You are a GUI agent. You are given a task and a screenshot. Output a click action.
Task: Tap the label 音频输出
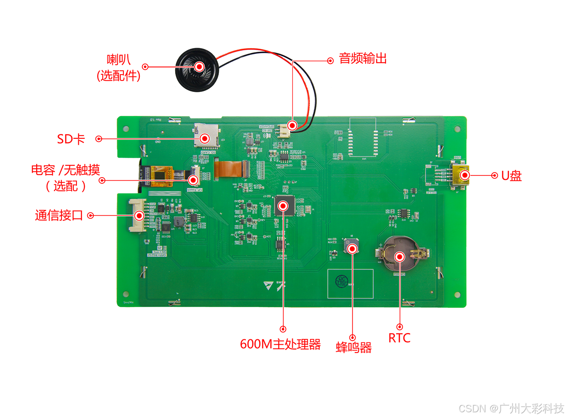pyautogui.click(x=363, y=59)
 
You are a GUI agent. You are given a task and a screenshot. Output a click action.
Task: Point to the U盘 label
pyautogui.click(x=511, y=176)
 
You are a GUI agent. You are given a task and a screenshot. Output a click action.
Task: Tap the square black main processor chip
pyautogui.click(x=283, y=206)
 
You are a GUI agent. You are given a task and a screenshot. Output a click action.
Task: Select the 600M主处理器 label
pyautogui.click(x=280, y=344)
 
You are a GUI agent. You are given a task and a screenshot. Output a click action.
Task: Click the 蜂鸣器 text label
pyautogui.click(x=354, y=347)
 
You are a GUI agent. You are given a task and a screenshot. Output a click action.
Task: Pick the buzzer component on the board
pyautogui.click(x=352, y=248)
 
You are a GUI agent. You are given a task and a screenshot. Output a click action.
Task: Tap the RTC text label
pyautogui.click(x=399, y=338)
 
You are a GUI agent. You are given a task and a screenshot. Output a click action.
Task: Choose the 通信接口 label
pyautogui.click(x=59, y=216)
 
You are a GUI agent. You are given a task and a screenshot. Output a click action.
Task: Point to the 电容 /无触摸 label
pyautogui.click(x=65, y=170)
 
